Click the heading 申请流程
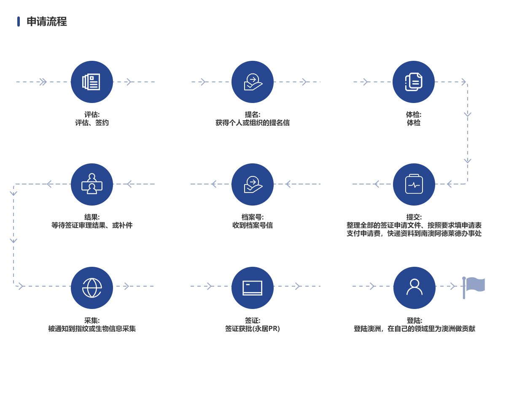tap(47, 22)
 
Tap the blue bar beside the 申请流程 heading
tap(19, 22)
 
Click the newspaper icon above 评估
tap(91, 82)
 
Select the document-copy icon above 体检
tap(414, 82)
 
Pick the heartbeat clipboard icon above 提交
tap(414, 184)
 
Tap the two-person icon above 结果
tap(92, 184)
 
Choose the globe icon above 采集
tap(92, 288)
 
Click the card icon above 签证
tap(252, 288)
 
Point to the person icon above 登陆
tap(414, 287)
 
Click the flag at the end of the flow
tap(474, 287)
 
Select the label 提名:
tap(253, 115)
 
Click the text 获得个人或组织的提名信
tap(253, 123)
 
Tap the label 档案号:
tap(253, 217)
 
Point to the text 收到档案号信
tap(253, 225)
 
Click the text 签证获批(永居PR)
tap(253, 328)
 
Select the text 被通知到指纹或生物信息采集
tap(92, 328)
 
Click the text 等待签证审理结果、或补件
tap(92, 225)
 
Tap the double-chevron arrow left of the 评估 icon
tap(43, 82)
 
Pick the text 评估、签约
tap(92, 123)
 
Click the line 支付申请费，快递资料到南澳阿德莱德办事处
tap(414, 233)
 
